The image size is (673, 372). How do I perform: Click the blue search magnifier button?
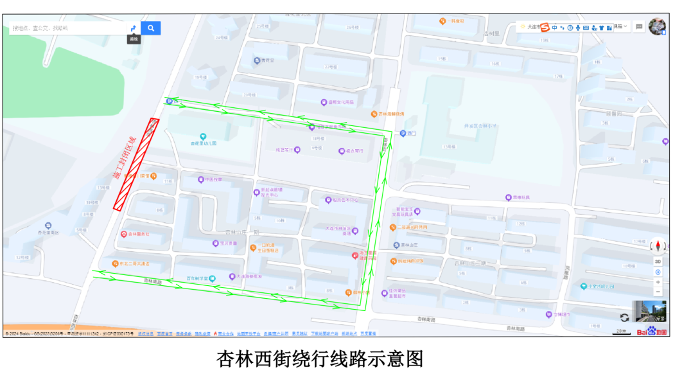[x=151, y=28]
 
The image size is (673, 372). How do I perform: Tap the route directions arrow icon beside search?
[x=133, y=28]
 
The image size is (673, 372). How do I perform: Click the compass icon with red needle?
[x=658, y=245]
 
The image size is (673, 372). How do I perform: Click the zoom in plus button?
[x=658, y=282]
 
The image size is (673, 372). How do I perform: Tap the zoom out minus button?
[x=658, y=292]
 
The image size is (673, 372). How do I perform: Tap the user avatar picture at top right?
[x=657, y=27]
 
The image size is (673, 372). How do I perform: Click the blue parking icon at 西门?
[x=403, y=134]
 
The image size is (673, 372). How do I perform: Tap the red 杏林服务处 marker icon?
[x=124, y=234]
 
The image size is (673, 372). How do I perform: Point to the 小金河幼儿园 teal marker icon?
[x=583, y=286]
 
